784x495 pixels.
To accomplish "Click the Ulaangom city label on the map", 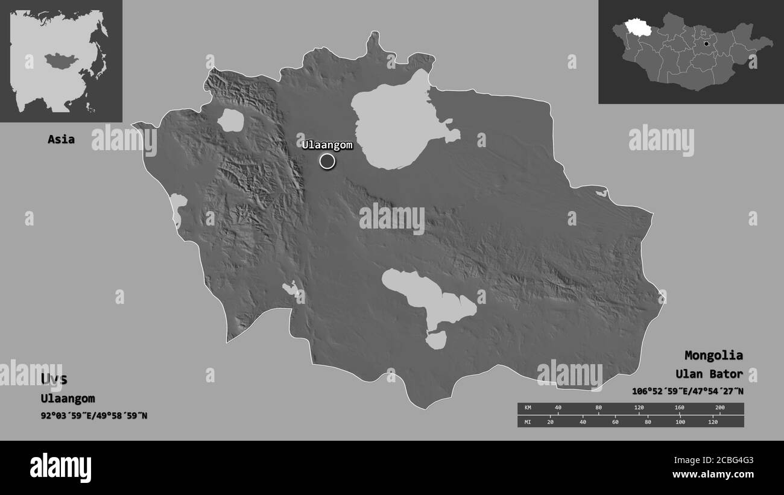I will [x=327, y=145].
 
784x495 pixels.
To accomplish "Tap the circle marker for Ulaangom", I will [x=327, y=161].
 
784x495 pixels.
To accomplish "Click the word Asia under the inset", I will [x=62, y=139].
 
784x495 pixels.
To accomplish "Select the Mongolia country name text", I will [x=713, y=355].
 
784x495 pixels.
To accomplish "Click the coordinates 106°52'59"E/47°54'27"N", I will [x=688, y=391].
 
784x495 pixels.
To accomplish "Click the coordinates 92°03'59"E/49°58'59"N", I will [x=94, y=415].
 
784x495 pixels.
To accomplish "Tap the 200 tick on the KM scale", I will [x=719, y=408].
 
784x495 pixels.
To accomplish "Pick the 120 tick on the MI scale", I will [x=712, y=421].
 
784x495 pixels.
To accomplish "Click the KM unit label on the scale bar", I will [x=528, y=408].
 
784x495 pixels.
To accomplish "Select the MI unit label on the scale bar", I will [x=528, y=421].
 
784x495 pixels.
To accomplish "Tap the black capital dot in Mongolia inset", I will [x=706, y=43].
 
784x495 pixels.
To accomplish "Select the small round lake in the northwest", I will [x=230, y=121].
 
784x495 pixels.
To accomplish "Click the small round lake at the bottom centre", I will [x=435, y=341].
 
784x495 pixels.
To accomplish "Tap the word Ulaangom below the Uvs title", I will [x=68, y=398].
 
